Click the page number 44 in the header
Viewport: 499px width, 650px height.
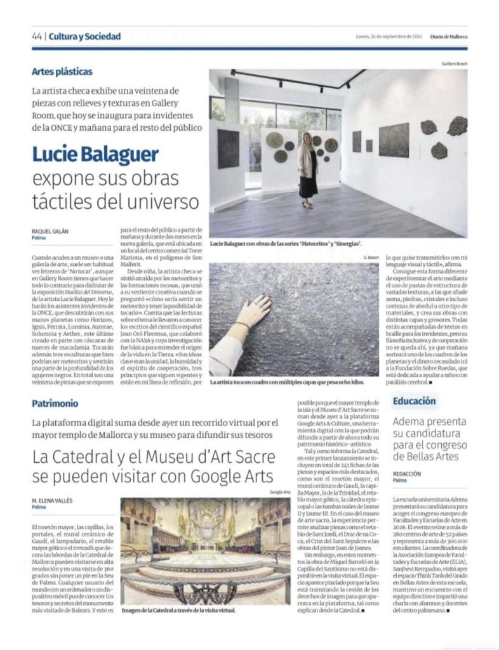[36, 37]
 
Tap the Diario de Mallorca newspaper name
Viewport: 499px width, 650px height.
[448, 37]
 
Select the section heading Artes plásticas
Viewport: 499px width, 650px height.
[62, 72]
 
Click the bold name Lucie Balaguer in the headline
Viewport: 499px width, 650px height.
[95, 155]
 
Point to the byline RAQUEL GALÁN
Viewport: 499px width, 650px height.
[50, 231]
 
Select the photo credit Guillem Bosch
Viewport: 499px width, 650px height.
[454, 64]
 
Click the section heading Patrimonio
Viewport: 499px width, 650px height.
[55, 403]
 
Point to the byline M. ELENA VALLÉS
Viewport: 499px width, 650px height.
[52, 500]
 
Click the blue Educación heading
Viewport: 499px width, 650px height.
[414, 401]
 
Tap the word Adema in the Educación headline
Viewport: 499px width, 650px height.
[409, 421]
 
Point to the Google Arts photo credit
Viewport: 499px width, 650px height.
[280, 492]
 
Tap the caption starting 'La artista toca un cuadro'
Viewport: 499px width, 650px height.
[288, 383]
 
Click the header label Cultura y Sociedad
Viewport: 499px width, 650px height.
[84, 37]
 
